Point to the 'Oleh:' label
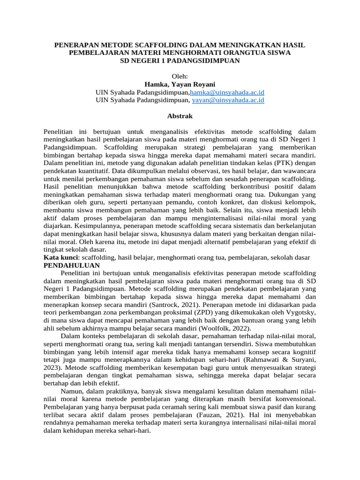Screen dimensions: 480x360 pos(180,76)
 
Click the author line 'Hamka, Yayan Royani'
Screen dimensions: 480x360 pos(180,84)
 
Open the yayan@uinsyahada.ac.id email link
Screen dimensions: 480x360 pos(228,100)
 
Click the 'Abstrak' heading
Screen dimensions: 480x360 pos(180,116)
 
